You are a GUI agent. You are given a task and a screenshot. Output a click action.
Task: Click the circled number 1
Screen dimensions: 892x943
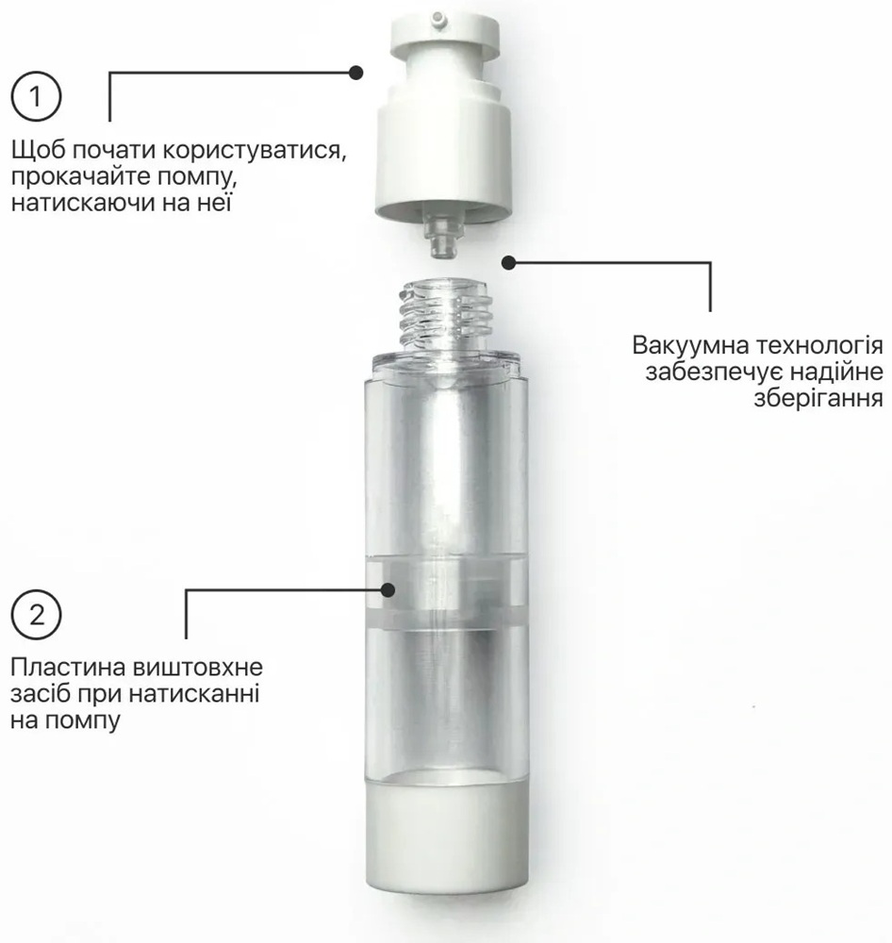click(x=36, y=97)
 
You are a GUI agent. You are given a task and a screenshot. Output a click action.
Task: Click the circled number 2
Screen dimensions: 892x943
click(x=36, y=615)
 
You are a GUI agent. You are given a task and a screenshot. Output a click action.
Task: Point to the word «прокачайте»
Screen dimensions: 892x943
click(x=79, y=178)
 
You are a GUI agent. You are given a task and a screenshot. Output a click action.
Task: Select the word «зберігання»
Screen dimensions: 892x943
click(x=818, y=399)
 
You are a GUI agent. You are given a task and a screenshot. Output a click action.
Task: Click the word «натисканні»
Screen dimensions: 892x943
click(x=193, y=694)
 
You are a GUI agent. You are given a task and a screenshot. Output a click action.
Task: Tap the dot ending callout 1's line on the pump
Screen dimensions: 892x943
click(x=356, y=73)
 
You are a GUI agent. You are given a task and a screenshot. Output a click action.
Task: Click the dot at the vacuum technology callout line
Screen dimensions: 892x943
click(x=509, y=262)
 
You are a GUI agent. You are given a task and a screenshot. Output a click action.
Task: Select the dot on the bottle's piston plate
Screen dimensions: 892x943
click(x=388, y=589)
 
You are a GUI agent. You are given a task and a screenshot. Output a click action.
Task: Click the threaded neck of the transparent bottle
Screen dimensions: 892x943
click(x=444, y=314)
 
